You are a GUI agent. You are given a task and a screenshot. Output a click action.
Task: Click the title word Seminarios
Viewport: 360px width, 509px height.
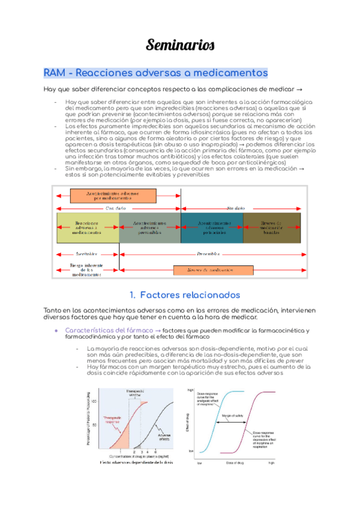click(x=179, y=45)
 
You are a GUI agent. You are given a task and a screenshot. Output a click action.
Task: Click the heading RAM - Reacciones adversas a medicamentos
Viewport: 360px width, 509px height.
click(x=155, y=73)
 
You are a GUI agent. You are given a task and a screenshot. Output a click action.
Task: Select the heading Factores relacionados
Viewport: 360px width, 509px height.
click(x=185, y=295)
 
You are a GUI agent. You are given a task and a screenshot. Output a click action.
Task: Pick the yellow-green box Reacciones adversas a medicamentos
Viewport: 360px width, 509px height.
click(x=87, y=228)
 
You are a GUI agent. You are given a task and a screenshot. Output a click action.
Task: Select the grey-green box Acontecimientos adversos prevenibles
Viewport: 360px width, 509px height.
click(x=149, y=228)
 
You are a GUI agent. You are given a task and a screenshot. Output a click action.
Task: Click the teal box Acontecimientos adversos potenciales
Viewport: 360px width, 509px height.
click(x=212, y=228)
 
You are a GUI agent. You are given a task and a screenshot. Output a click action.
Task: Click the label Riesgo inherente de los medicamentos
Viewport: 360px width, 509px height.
click(x=86, y=270)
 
